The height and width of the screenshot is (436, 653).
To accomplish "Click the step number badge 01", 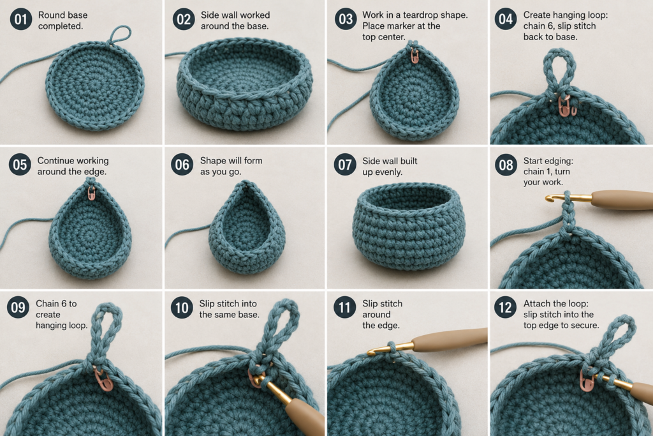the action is click(21, 20).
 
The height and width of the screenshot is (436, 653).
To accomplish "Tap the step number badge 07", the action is click(345, 165).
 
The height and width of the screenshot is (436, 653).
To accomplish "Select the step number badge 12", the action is click(505, 308).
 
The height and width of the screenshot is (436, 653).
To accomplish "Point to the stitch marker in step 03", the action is click(415, 56).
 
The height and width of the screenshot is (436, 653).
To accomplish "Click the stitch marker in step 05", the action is click(92, 193).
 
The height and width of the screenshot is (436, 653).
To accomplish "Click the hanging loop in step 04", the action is click(560, 71).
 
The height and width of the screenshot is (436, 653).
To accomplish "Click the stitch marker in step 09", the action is click(102, 379).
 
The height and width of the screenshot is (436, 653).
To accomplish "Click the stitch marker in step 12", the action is click(585, 379).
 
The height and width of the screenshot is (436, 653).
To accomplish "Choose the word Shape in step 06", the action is click(213, 161).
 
